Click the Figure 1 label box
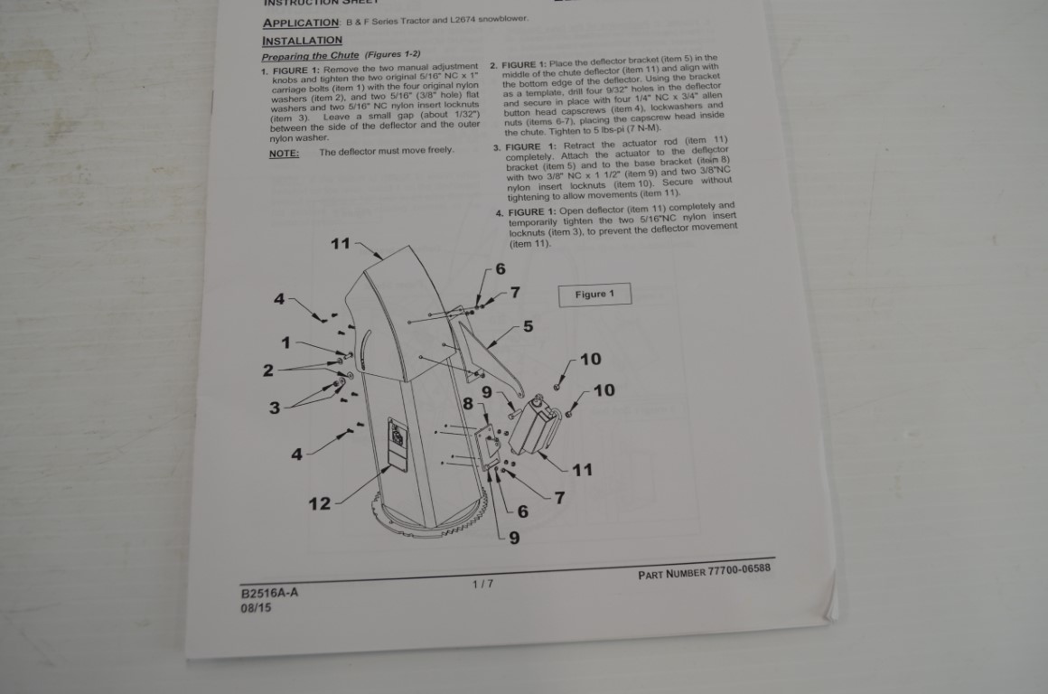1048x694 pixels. pos(594,295)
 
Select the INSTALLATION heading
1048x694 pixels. pos(302,41)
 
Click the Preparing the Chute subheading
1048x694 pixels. pos(310,56)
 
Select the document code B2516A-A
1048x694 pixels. pos(268,593)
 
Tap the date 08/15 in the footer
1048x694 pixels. pos(256,608)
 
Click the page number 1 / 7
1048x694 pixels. pos(482,584)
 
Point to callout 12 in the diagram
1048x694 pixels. pos(320,503)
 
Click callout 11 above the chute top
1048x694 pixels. pos(340,243)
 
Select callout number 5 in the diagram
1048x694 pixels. pos(528,326)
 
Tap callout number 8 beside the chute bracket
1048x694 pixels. pos(468,404)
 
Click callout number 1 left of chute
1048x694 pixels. pos(286,342)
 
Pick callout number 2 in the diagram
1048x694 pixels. pos(268,370)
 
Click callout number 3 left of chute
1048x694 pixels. pos(275,408)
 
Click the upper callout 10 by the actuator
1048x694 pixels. pos(590,359)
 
